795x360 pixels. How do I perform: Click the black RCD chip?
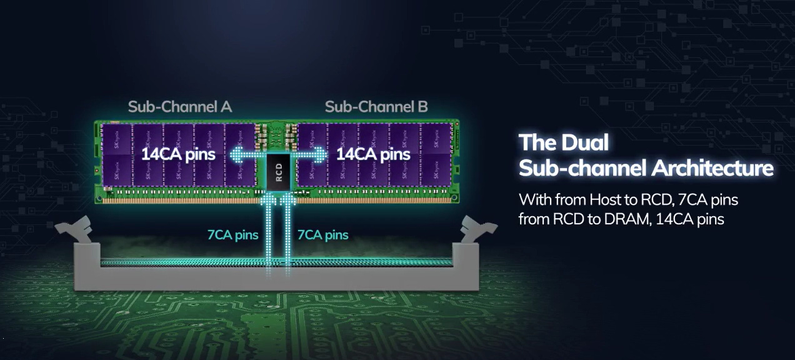(x=278, y=172)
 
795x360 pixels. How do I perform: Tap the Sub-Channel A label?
(x=180, y=107)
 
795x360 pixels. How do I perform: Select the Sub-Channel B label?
(x=376, y=107)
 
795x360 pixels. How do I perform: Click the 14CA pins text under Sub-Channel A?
(x=178, y=154)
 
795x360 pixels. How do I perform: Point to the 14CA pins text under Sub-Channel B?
(x=373, y=154)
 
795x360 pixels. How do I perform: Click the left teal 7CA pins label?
(x=233, y=234)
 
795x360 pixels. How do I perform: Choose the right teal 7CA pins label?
(x=322, y=234)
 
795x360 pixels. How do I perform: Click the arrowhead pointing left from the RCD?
(x=237, y=155)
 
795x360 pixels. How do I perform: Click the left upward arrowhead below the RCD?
(x=268, y=199)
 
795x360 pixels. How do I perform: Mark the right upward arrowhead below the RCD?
(x=288, y=199)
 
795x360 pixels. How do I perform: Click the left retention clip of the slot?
(x=75, y=229)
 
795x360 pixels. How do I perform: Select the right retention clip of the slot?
(x=477, y=229)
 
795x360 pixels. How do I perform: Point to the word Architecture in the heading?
(x=712, y=168)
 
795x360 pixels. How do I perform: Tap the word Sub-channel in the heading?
(x=582, y=168)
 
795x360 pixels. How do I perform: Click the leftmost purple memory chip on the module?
(x=117, y=155)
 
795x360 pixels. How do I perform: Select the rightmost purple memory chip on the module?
(x=436, y=155)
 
